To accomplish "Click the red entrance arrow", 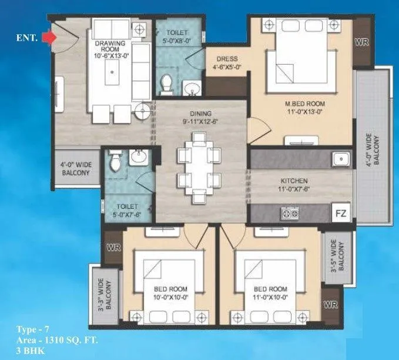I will click(51, 37).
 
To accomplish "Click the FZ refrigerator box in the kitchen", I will click(341, 212).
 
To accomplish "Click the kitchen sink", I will click(339, 159).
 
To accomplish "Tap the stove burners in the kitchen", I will click(290, 212).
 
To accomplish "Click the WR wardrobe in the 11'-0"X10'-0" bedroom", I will click(331, 305).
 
